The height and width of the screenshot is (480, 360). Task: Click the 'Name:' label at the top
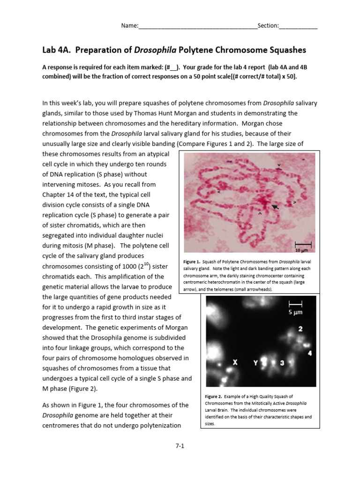point(130,26)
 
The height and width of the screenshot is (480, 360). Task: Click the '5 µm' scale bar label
point(296,311)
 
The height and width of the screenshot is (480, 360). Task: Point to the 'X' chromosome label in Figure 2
point(235,362)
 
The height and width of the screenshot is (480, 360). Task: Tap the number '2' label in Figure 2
point(300,329)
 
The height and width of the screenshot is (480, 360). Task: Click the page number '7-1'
point(180,446)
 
